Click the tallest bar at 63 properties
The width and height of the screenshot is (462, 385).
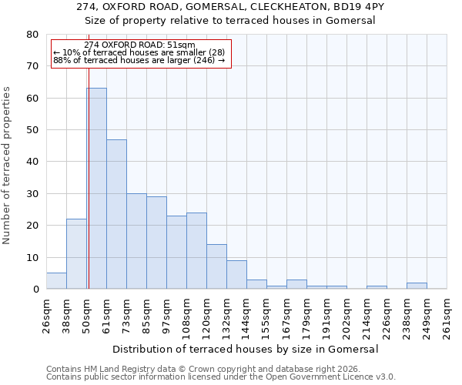[96, 189]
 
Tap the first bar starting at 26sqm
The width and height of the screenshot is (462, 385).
[56, 281]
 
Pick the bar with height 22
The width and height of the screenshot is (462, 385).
[76, 254]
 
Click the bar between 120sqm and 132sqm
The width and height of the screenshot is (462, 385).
[216, 266]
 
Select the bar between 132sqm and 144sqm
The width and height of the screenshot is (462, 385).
[236, 275]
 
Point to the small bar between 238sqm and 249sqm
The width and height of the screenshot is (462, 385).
[417, 286]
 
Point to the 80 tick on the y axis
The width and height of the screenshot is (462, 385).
[32, 35]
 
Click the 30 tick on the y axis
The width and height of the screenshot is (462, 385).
[32, 194]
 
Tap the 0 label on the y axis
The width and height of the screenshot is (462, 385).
[35, 290]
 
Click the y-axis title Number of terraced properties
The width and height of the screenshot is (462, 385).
[8, 166]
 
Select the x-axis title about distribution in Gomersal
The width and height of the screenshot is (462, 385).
[246, 349]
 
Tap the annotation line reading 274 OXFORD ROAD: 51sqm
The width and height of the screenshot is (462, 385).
[139, 45]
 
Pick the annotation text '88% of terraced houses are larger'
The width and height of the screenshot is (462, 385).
[139, 60]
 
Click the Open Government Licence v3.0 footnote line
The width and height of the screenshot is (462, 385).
[221, 377]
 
